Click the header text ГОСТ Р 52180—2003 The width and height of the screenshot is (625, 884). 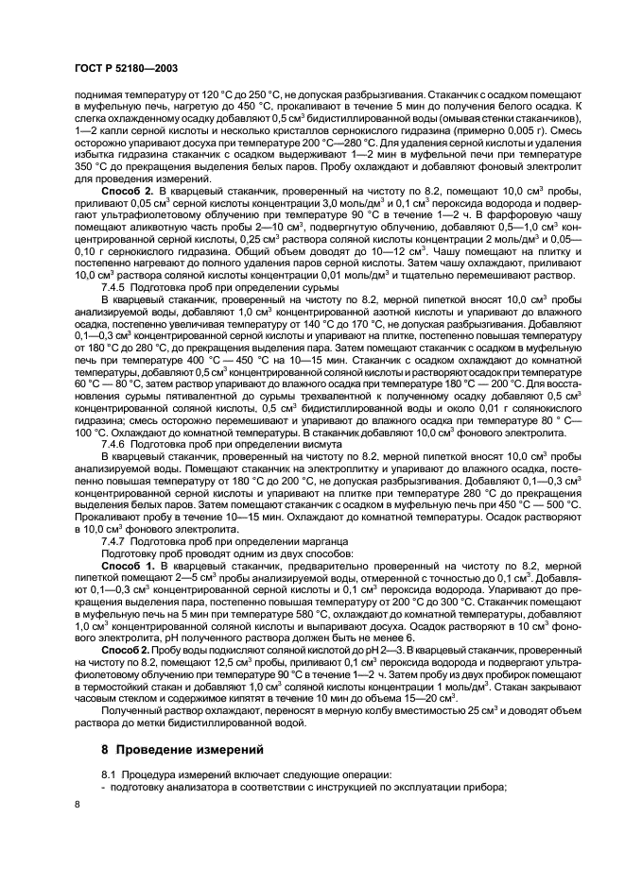point(125,69)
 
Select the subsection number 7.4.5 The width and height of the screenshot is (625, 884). point(115,285)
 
